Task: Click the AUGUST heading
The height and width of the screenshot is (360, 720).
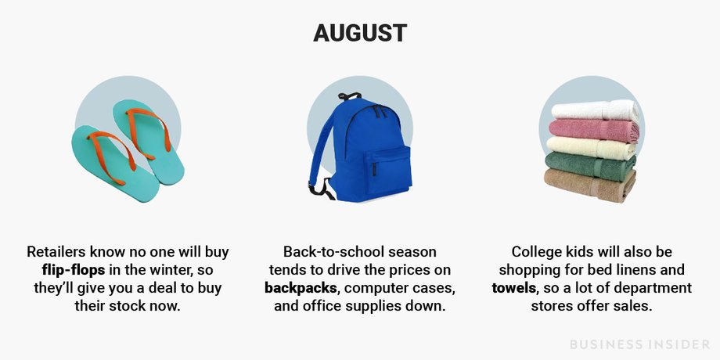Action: pyautogui.click(x=360, y=33)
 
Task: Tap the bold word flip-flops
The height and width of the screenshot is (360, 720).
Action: pyautogui.click(x=74, y=270)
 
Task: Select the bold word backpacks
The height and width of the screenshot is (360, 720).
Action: pyautogui.click(x=301, y=288)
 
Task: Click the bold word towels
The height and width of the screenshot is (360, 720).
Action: pyautogui.click(x=514, y=288)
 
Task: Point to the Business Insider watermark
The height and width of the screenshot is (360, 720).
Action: pyautogui.click(x=640, y=344)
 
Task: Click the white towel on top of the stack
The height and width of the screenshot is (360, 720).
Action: pyautogui.click(x=595, y=110)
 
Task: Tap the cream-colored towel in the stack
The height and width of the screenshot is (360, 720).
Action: pyautogui.click(x=592, y=149)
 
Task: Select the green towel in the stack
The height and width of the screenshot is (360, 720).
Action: pyautogui.click(x=591, y=166)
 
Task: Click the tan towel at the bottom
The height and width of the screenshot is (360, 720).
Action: pyautogui.click(x=590, y=185)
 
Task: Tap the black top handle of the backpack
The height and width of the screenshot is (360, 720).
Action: pyautogui.click(x=350, y=96)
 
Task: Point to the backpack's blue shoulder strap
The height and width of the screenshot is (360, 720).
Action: pyautogui.click(x=322, y=143)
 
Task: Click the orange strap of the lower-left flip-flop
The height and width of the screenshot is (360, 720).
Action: pyautogui.click(x=107, y=155)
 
